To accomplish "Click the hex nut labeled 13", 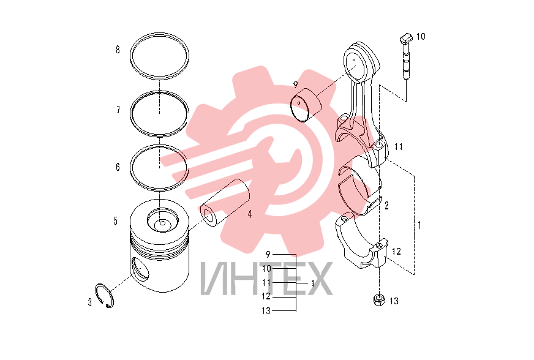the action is tap(378, 300).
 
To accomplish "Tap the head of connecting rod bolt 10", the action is tap(406, 39).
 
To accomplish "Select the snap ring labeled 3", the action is tap(104, 296).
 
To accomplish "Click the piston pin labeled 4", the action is tap(225, 203).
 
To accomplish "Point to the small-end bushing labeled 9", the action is tap(306, 105).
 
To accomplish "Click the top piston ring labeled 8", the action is tap(159, 56).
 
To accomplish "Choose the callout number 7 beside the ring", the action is tap(118, 110).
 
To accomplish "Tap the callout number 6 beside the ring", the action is tap(118, 167).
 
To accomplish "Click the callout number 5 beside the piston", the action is tap(116, 221).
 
